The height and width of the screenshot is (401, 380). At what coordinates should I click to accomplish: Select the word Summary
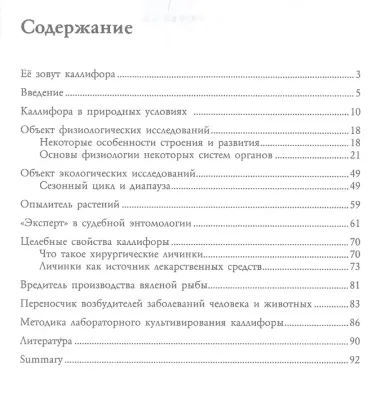point(41,359)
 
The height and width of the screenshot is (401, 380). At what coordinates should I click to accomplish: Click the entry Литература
point(46,341)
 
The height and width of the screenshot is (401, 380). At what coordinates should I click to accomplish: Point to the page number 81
point(355,283)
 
